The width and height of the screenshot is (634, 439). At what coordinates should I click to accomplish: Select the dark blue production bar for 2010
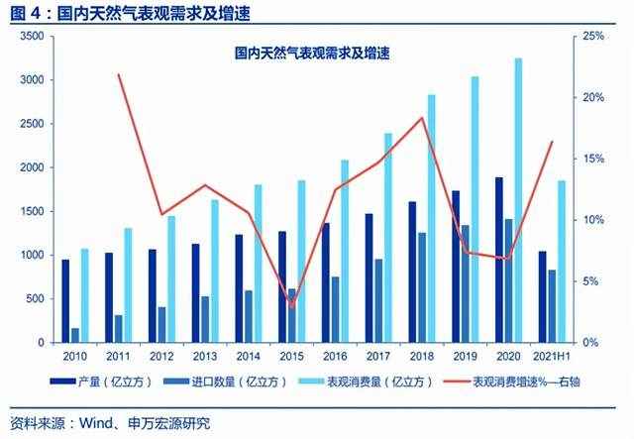coord(65,301)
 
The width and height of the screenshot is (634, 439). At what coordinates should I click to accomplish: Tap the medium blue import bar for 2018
coord(422,287)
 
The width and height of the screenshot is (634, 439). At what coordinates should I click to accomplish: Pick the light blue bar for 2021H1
coord(562,262)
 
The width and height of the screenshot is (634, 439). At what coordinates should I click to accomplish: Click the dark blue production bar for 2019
coord(456,267)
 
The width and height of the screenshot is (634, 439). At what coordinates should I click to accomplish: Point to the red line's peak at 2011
coord(118,75)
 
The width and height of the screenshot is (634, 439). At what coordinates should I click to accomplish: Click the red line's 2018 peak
coord(423,118)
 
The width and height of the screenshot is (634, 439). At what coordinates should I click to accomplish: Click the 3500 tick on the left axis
coord(33,36)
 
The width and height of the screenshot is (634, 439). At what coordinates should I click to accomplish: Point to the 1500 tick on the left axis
coord(33,211)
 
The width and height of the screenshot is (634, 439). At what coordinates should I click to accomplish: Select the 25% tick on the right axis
coord(592,36)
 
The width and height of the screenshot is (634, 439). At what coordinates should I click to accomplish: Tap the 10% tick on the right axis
coord(592,220)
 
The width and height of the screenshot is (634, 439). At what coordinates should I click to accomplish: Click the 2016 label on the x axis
coord(335,357)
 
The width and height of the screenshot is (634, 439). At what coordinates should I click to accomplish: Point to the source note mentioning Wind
coord(109,423)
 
